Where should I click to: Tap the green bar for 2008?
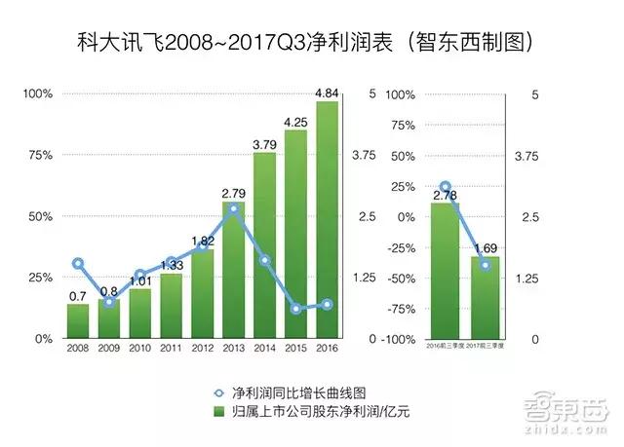(78, 320)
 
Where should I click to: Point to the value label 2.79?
(234, 193)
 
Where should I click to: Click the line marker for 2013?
(233, 208)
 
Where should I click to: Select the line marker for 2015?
(295, 309)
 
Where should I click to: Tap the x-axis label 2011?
(171, 348)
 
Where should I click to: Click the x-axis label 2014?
(264, 348)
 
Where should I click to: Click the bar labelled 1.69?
(485, 297)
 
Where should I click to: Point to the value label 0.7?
(78, 295)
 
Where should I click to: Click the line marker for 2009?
(109, 302)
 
